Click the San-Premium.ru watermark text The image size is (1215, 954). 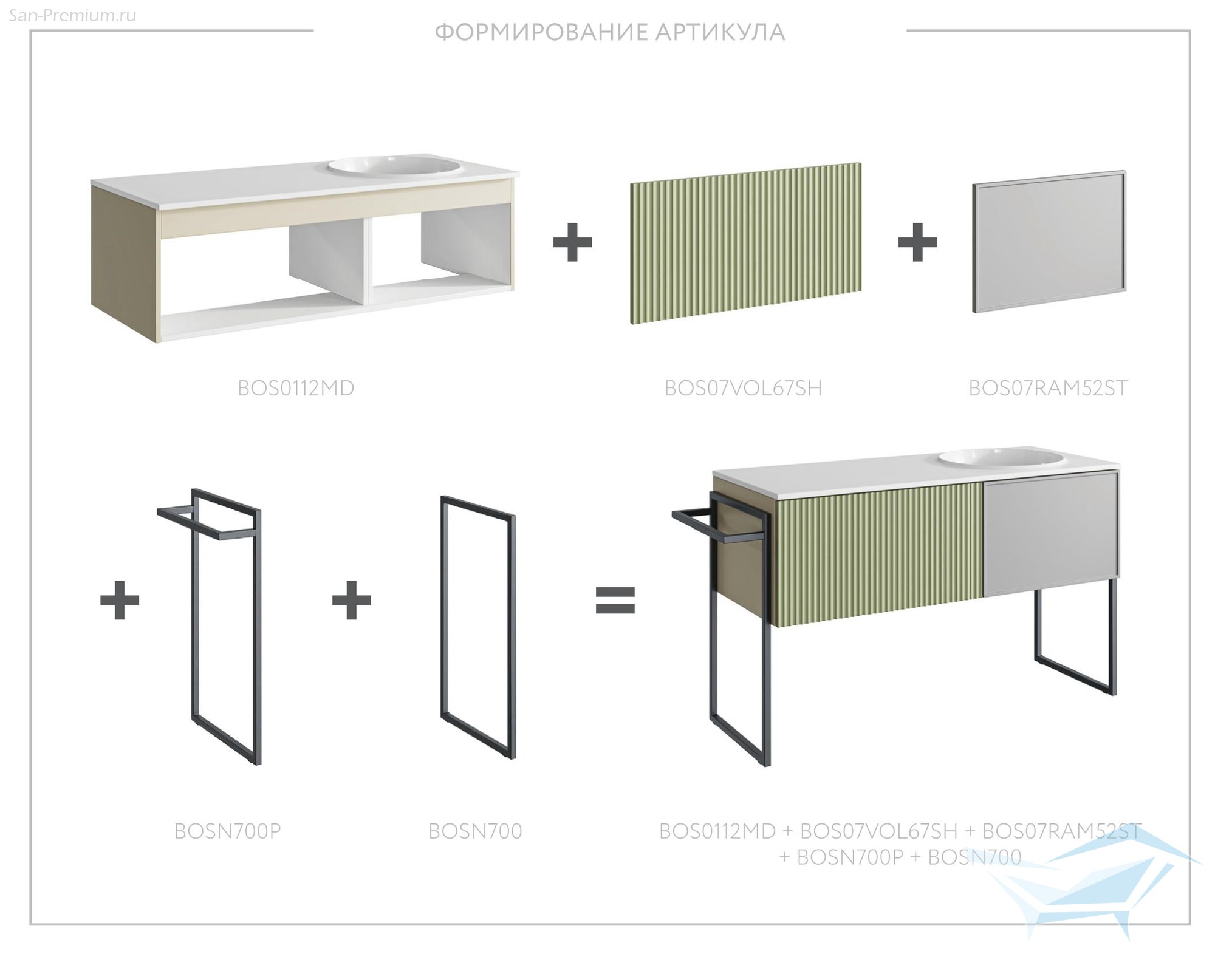tap(73, 15)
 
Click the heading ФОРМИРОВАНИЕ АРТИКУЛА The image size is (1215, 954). tap(610, 32)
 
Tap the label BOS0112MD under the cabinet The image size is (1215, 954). tap(296, 388)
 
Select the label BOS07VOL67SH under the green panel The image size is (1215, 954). tap(743, 388)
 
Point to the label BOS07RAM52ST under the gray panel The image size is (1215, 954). tap(1049, 388)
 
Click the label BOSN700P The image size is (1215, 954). tap(228, 831)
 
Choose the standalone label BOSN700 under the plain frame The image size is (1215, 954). tap(475, 831)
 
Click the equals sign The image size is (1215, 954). tap(615, 600)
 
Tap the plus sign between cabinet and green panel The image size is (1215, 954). tap(572, 242)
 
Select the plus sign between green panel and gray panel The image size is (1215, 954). tap(917, 242)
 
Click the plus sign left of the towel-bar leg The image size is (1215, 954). tap(120, 600)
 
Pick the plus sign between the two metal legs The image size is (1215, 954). tap(352, 600)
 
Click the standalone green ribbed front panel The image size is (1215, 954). tap(746, 243)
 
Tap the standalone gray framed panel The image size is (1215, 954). tap(1049, 242)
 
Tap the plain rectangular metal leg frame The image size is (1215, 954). tap(478, 627)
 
